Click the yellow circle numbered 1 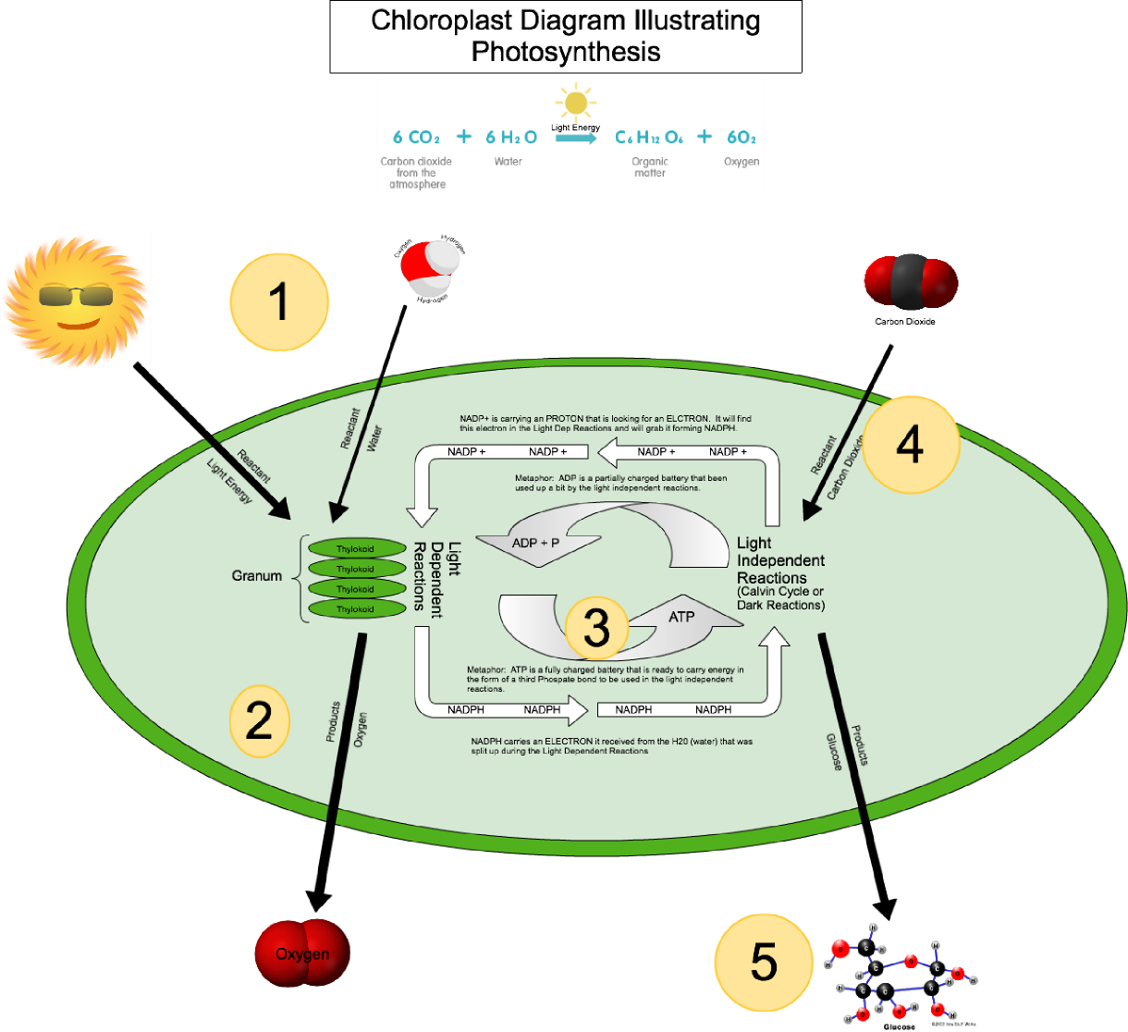[278, 302]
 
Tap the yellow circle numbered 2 [259, 720]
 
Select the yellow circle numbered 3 [596, 629]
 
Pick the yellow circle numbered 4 [910, 446]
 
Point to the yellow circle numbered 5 [764, 964]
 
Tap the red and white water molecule [430, 268]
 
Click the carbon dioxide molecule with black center [911, 281]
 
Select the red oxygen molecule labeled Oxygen [302, 953]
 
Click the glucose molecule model [901, 976]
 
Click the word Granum [256, 576]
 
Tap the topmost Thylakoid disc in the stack [356, 548]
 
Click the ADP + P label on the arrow [536, 543]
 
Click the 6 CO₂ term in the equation [416, 138]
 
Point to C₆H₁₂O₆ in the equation [649, 138]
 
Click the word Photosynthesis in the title [566, 51]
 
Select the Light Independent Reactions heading [780, 560]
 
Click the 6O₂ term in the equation [742, 138]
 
